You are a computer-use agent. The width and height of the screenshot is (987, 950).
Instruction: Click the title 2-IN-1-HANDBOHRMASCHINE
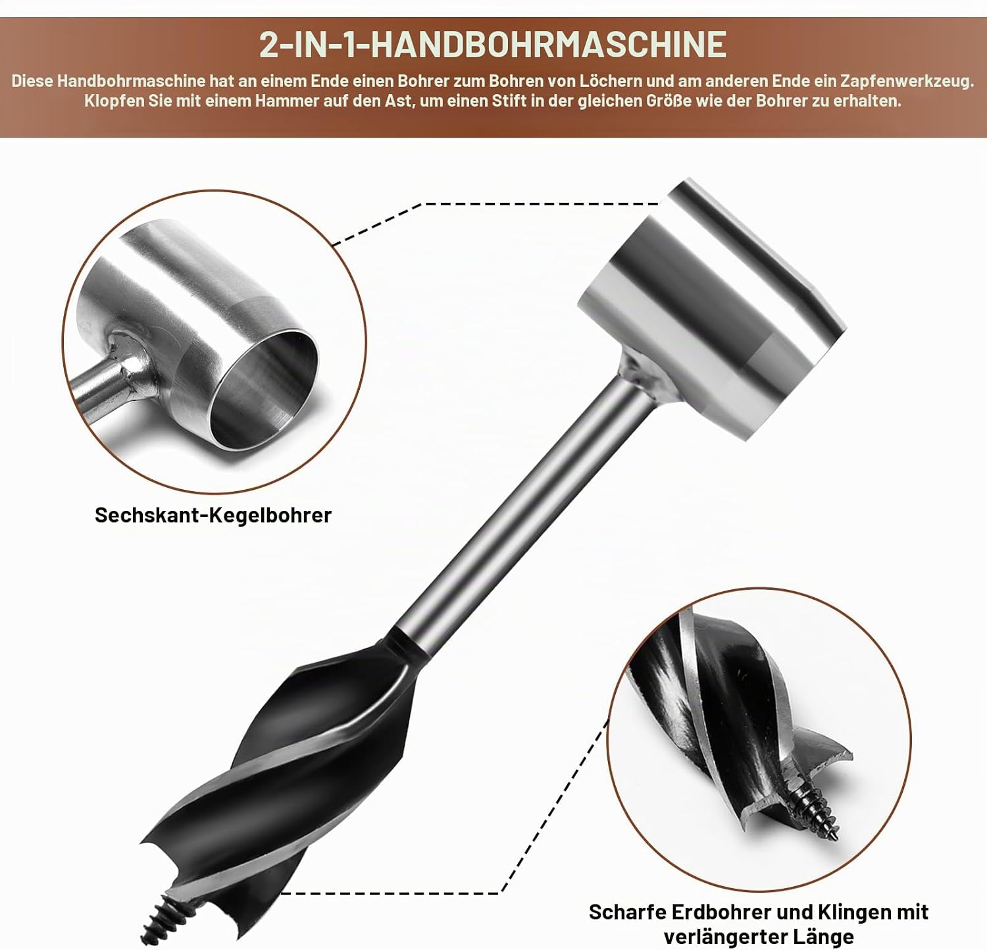(493, 45)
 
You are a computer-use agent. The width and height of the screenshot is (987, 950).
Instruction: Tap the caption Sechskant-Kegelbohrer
(213, 515)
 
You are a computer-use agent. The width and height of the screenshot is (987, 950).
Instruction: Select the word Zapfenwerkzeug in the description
(907, 82)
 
